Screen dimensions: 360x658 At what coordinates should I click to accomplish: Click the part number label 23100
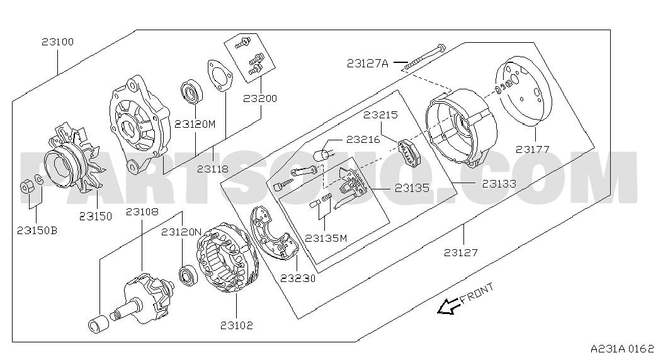pyautogui.click(x=58, y=42)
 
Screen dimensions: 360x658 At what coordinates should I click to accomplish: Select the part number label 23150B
pyautogui.click(x=37, y=231)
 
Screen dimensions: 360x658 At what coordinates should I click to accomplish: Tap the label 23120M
pyautogui.click(x=195, y=124)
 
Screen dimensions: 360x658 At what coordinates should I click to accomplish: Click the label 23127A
pyautogui.click(x=367, y=62)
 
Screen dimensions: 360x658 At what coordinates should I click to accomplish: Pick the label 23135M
pyautogui.click(x=326, y=238)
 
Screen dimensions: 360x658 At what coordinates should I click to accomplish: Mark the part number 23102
pyautogui.click(x=237, y=325)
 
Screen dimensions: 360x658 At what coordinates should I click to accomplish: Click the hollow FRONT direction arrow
pyautogui.click(x=449, y=306)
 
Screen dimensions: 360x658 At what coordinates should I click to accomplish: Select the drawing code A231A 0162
pyautogui.click(x=622, y=348)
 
